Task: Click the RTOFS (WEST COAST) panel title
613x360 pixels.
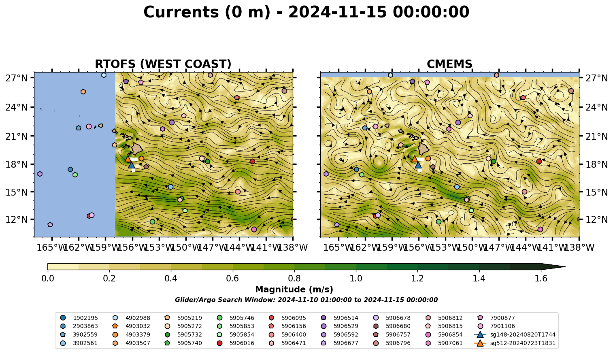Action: pyautogui.click(x=163, y=64)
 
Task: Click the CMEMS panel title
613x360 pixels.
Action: pyautogui.click(x=449, y=64)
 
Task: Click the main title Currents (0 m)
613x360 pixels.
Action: pyautogui.click(x=207, y=12)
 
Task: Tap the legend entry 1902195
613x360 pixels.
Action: pyautogui.click(x=79, y=318)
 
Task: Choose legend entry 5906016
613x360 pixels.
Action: pyautogui.click(x=235, y=343)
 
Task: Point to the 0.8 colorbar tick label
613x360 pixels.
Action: pyautogui.click(x=294, y=279)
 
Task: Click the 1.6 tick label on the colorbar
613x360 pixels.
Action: pyautogui.click(x=541, y=279)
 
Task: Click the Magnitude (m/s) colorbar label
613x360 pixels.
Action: pyautogui.click(x=294, y=290)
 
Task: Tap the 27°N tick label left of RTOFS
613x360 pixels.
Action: pyautogui.click(x=17, y=78)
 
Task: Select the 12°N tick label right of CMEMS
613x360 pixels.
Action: pyautogui.click(x=596, y=219)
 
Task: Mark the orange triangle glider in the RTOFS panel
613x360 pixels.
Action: pyautogui.click(x=128, y=159)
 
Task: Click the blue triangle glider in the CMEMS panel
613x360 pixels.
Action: pyautogui.click(x=418, y=165)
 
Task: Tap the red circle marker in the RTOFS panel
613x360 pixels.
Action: pyautogui.click(x=252, y=161)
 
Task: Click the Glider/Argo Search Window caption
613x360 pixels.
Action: pyautogui.click(x=306, y=300)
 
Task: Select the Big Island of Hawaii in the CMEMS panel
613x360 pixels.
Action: pyautogui.click(x=424, y=149)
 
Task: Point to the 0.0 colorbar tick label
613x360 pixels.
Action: pyautogui.click(x=48, y=279)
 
